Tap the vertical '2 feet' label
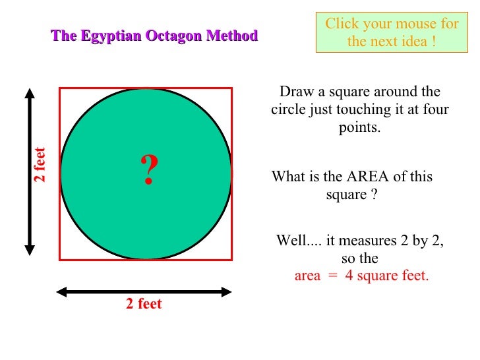(x=40, y=165)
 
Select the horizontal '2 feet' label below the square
(x=144, y=304)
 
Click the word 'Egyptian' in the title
(x=111, y=36)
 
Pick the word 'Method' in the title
(x=231, y=36)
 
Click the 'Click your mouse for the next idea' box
(x=392, y=32)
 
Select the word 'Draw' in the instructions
(x=294, y=92)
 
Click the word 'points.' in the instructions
(x=360, y=128)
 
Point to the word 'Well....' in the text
(x=297, y=241)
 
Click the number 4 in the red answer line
(x=349, y=276)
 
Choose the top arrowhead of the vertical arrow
(x=30, y=93)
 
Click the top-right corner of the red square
(x=231, y=88)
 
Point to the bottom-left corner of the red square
(x=60, y=260)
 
